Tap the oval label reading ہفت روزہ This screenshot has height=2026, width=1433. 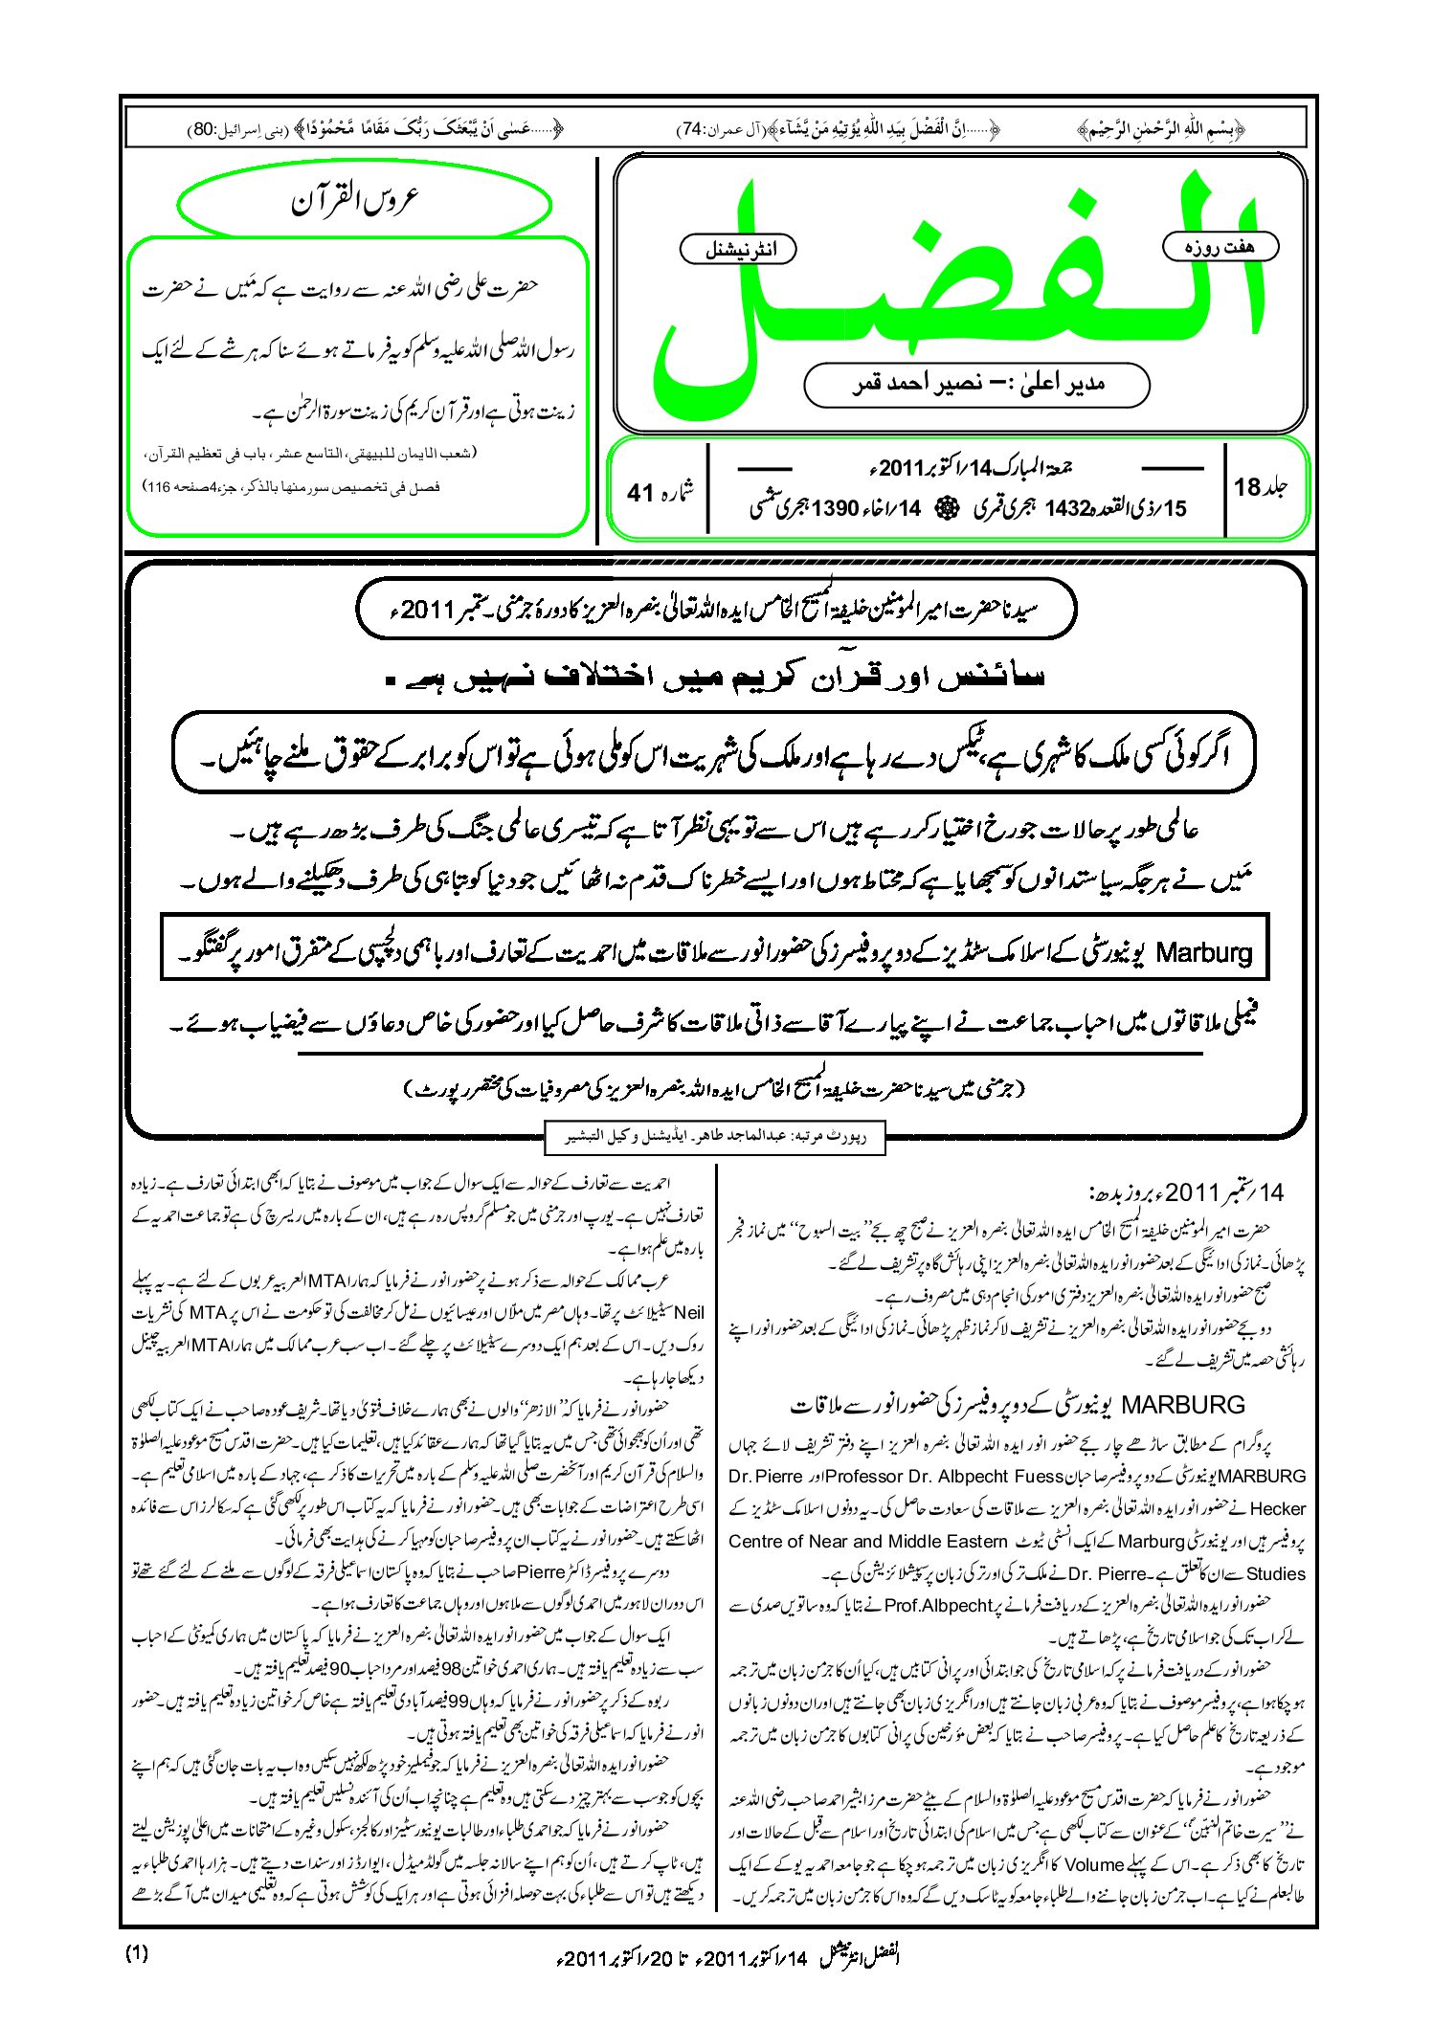pos(1220,247)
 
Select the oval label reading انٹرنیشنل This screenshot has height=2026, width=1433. pos(737,250)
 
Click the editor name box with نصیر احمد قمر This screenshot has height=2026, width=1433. pos(976,385)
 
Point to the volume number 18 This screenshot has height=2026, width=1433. pos(1247,487)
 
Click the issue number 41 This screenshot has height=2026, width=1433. pos(640,493)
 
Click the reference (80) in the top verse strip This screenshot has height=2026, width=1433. pos(204,129)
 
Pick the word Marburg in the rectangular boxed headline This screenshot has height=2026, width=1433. pos(1203,952)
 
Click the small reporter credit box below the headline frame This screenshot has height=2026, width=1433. pos(713,1137)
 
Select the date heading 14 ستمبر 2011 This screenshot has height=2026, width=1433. pos(1187,1192)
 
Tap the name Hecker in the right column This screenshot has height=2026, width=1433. pos(1277,1509)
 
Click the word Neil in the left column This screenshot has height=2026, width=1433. pos(688,1313)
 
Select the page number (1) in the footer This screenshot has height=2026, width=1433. pos(137,1953)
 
